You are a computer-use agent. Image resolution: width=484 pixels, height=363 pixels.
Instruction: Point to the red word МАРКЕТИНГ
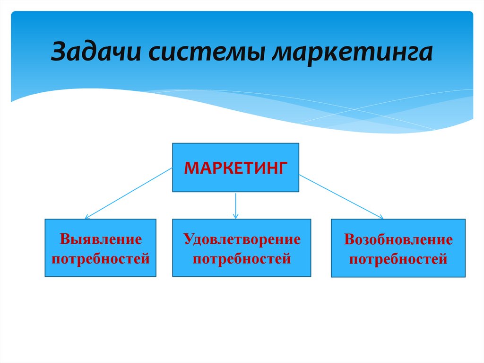[x=235, y=168]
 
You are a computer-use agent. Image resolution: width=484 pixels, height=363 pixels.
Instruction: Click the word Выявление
[x=100, y=239]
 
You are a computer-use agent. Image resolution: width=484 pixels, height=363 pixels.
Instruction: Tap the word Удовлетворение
[x=242, y=239]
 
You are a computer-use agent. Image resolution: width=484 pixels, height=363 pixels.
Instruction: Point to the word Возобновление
[x=398, y=239]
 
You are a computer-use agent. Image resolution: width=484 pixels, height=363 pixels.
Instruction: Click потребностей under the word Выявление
[x=100, y=258]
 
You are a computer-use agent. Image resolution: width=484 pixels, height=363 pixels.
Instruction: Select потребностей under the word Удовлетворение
[x=242, y=258]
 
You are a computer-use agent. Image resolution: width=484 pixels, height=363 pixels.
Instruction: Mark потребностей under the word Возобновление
[x=398, y=259]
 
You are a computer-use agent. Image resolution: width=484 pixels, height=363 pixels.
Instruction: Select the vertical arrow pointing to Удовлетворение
[x=235, y=204]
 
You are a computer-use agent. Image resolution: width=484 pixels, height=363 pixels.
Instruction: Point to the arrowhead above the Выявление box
[x=87, y=217]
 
